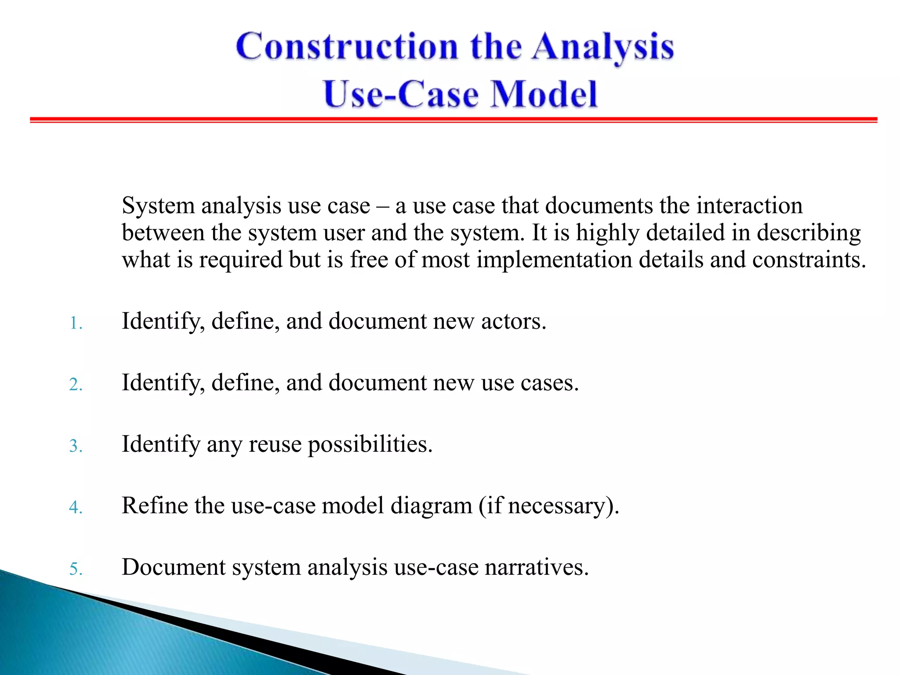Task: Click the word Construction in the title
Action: (x=347, y=47)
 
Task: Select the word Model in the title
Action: (x=544, y=94)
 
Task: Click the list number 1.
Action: (x=75, y=324)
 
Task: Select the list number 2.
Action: (x=76, y=385)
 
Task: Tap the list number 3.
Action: (x=76, y=446)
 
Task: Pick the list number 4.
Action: (x=76, y=508)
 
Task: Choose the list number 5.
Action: (x=76, y=569)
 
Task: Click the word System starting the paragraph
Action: (x=158, y=206)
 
